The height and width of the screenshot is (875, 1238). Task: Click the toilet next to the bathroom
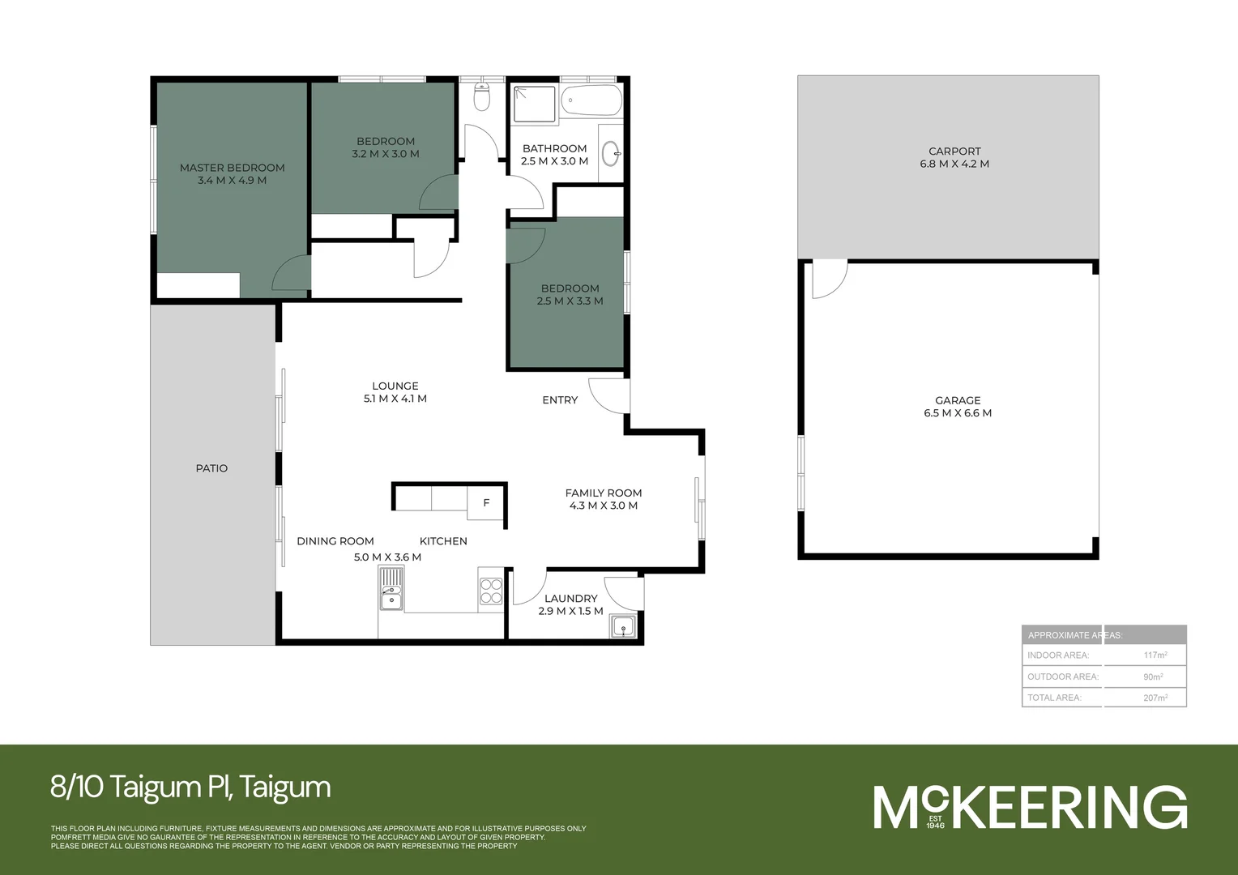tap(482, 98)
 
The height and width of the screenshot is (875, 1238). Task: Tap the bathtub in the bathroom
tap(591, 102)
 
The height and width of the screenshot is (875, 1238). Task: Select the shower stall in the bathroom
tap(535, 104)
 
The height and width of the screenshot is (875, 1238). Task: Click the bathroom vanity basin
tap(612, 152)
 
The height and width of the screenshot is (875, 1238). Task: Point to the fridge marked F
tap(486, 503)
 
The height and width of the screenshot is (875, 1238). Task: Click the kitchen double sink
tap(391, 589)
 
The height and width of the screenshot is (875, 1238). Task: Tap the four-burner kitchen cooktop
tap(491, 591)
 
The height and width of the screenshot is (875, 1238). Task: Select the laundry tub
tap(623, 626)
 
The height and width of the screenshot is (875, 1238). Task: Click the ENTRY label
tap(560, 400)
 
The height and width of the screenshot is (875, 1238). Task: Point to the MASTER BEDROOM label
tap(232, 168)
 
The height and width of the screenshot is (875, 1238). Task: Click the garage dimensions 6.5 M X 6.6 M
tap(958, 413)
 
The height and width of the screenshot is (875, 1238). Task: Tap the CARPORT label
tap(954, 152)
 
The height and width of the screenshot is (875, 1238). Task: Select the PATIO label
tap(211, 468)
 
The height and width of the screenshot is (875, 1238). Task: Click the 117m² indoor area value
tap(1155, 655)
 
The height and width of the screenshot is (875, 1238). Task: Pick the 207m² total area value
tap(1155, 698)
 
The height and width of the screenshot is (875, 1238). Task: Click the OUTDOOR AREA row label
tap(1062, 677)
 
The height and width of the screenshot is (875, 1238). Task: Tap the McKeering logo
tap(1030, 807)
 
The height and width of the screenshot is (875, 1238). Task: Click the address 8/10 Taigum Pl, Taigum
tap(190, 787)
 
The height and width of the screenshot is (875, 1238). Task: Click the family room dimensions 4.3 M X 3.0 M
tap(603, 506)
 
